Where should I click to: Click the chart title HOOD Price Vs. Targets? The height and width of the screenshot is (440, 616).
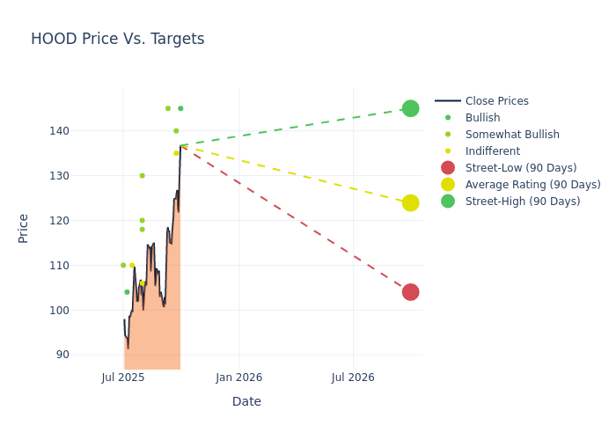click(x=117, y=39)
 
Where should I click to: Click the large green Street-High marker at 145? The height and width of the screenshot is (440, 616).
click(x=410, y=108)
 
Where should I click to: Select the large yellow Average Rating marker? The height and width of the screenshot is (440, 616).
click(x=410, y=202)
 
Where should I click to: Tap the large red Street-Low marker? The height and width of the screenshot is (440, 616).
click(x=410, y=292)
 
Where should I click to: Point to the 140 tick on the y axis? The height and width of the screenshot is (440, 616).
click(x=83, y=131)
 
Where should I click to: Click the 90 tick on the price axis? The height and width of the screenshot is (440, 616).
click(x=86, y=355)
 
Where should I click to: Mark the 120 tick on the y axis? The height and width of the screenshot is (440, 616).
click(x=83, y=221)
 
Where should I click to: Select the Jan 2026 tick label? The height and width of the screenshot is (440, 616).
click(x=238, y=378)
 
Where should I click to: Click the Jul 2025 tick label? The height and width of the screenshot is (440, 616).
click(x=123, y=378)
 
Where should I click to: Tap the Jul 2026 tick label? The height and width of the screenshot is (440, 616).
click(x=353, y=378)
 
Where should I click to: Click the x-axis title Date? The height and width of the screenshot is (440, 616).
click(x=246, y=401)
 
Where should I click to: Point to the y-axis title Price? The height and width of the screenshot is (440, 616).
click(x=24, y=228)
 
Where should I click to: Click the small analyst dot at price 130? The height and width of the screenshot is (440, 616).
click(x=142, y=176)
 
